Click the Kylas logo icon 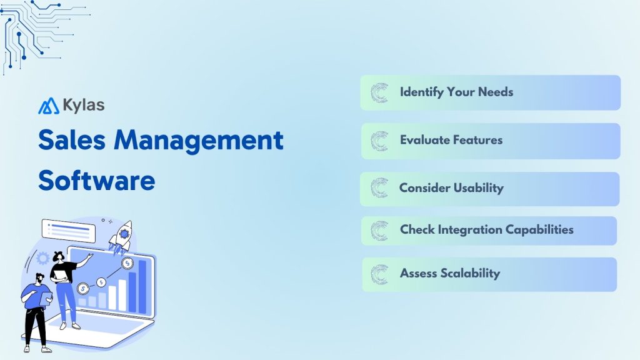point(48,106)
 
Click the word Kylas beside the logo point(83,105)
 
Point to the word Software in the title point(96,181)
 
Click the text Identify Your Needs point(456,92)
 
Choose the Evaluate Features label point(451,140)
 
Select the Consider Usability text point(451,187)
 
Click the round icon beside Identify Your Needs point(379,92)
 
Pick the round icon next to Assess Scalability point(379,274)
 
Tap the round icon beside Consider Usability point(379,188)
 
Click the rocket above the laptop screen point(122,234)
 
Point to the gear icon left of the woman point(43,257)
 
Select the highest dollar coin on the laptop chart point(127,262)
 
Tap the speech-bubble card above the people point(68,230)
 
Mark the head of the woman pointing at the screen point(59,256)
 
